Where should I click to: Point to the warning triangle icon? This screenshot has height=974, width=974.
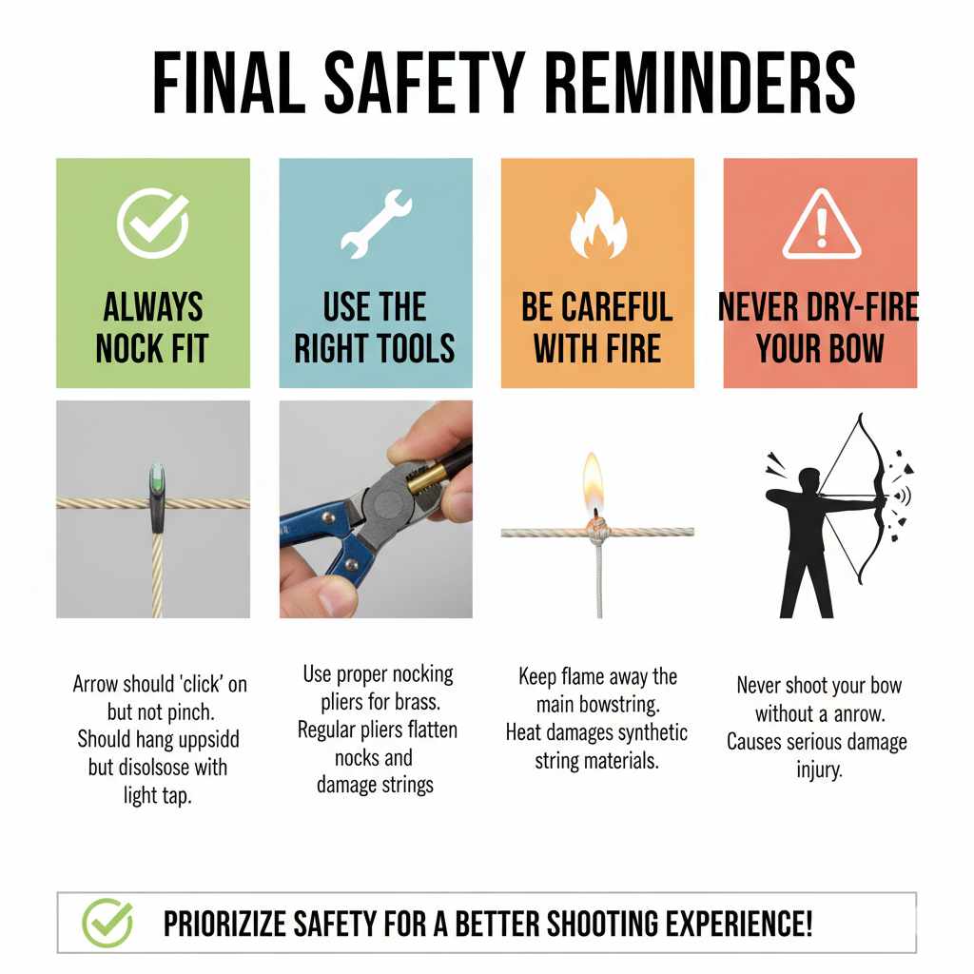coord(821,226)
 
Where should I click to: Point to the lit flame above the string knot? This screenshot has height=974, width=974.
coord(594,480)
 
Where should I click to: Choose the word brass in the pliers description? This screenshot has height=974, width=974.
coord(428,704)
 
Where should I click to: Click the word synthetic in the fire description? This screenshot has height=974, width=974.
coord(651,733)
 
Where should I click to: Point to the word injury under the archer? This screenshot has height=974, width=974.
coord(819,769)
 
